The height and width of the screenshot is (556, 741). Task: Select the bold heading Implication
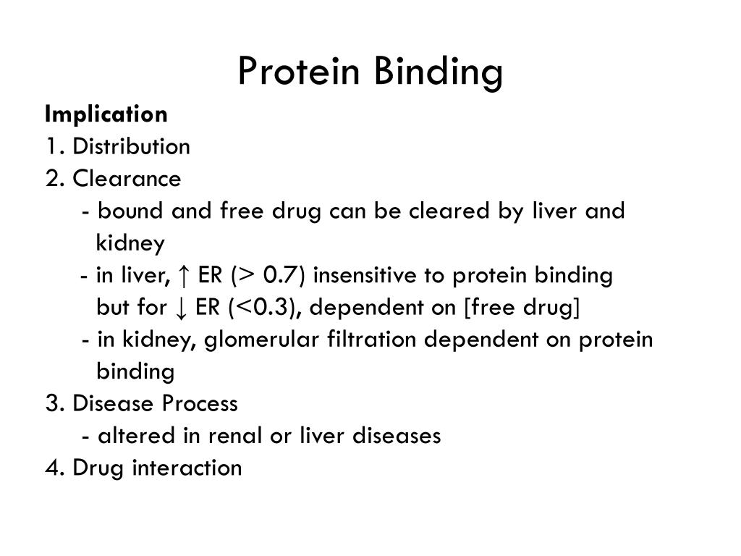106,114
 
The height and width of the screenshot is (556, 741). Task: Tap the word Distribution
131,147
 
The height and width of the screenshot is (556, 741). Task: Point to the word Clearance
127,179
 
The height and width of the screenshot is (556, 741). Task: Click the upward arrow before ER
185,276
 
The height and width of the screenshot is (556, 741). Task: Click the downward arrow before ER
182,308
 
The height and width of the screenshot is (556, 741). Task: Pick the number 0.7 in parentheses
279,276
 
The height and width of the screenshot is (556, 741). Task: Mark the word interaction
187,468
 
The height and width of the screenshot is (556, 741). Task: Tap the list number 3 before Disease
51,403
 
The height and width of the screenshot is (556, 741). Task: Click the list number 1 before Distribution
50,147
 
